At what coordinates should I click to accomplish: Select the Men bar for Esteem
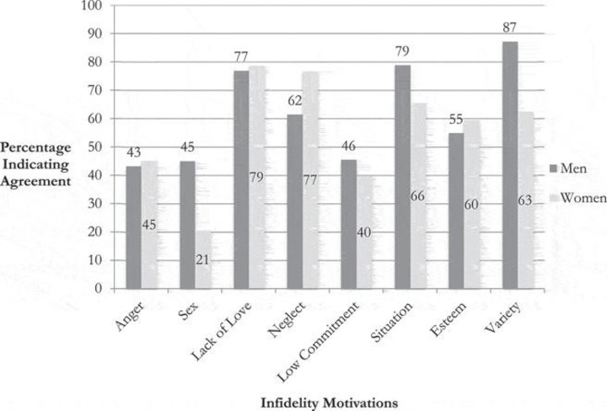click(x=455, y=211)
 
